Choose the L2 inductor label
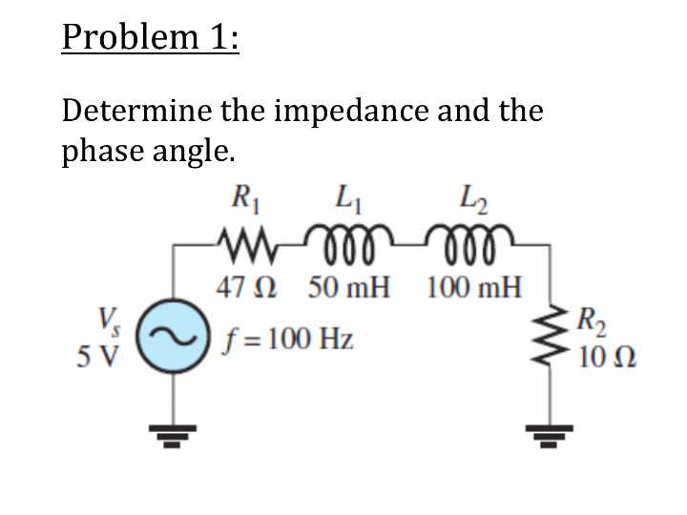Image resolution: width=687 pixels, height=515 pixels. (472, 203)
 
